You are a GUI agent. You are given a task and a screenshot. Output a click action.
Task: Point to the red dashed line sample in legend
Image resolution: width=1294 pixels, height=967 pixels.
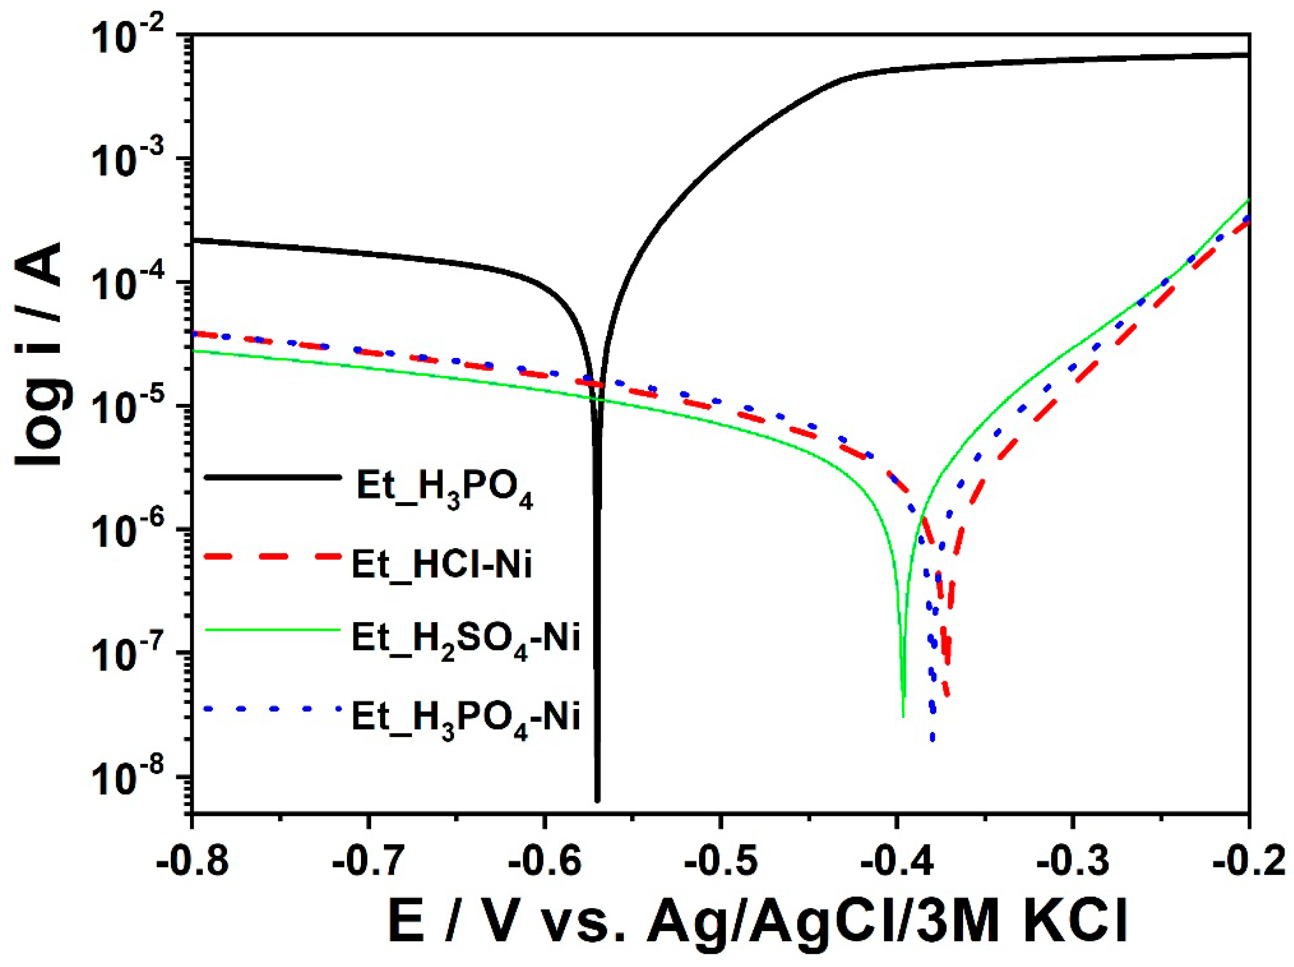point(272,557)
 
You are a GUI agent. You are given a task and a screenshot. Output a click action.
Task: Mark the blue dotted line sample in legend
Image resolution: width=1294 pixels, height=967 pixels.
point(272,709)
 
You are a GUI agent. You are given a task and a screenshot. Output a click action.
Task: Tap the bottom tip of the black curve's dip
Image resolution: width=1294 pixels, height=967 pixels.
point(597,800)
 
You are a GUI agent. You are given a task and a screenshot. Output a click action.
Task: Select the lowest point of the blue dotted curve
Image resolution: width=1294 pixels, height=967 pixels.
point(933,740)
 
